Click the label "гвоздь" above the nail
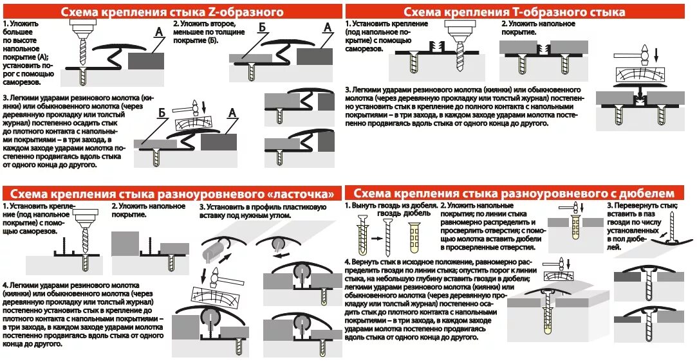point(390,213)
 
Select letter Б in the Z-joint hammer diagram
point(163,113)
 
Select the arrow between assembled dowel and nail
point(374,236)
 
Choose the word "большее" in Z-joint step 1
point(17,33)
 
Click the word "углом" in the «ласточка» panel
point(279,216)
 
